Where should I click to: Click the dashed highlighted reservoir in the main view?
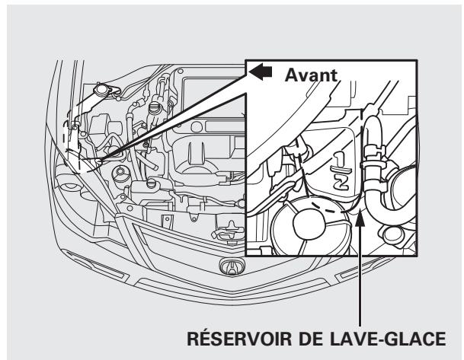click(x=72, y=149)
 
